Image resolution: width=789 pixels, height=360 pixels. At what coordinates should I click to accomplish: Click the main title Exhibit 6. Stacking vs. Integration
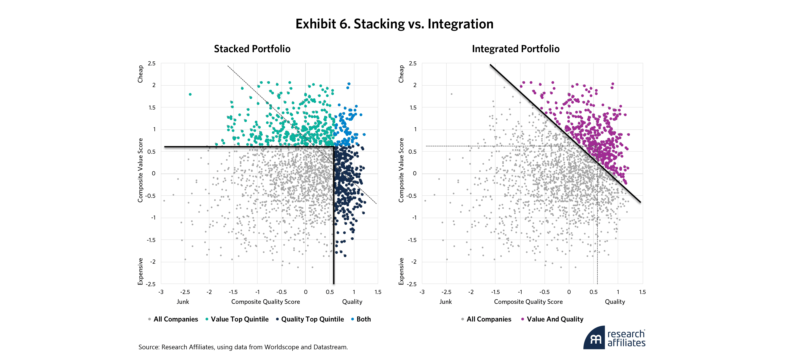tap(394, 24)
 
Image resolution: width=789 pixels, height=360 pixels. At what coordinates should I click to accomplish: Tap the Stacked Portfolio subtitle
tap(252, 49)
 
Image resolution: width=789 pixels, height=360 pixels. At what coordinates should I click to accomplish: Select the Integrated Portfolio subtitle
tap(515, 49)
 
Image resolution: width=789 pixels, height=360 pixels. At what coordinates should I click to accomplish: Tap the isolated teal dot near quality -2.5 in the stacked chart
tap(190, 94)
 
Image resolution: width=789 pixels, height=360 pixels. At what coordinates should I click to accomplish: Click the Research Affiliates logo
tap(614, 338)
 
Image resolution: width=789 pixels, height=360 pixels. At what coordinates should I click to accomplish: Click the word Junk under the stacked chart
tap(183, 302)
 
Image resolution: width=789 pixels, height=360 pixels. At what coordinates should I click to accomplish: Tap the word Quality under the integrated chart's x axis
tap(615, 302)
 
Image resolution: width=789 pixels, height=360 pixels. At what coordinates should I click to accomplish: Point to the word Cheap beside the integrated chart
tap(401, 74)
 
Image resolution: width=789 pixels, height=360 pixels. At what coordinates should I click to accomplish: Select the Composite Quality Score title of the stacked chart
tap(266, 302)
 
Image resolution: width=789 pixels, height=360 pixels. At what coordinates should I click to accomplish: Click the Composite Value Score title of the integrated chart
tap(401, 170)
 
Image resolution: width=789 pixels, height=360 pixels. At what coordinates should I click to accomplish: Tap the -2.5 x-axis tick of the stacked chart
tap(185, 292)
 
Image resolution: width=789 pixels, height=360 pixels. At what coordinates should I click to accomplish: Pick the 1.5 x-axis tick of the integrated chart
tap(642, 292)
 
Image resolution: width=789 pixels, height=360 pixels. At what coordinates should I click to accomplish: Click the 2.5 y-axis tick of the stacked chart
tap(152, 63)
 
